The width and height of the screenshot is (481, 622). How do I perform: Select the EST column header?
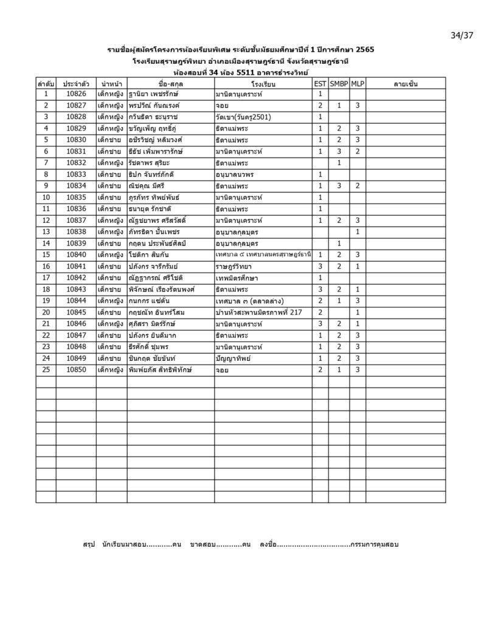tap(320, 83)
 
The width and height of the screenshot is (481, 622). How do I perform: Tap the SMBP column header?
tap(339, 83)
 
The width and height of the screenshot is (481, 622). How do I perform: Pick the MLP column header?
tap(358, 83)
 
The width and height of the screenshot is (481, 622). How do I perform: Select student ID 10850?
tap(76, 369)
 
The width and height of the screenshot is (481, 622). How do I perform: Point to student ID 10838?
tap(76, 231)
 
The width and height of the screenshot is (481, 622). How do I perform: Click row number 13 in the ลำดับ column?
tap(46, 231)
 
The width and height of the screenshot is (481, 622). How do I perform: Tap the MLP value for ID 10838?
tap(358, 231)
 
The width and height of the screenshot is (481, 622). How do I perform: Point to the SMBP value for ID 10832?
tap(339, 163)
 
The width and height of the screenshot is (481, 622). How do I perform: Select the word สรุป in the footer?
tap(89, 545)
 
